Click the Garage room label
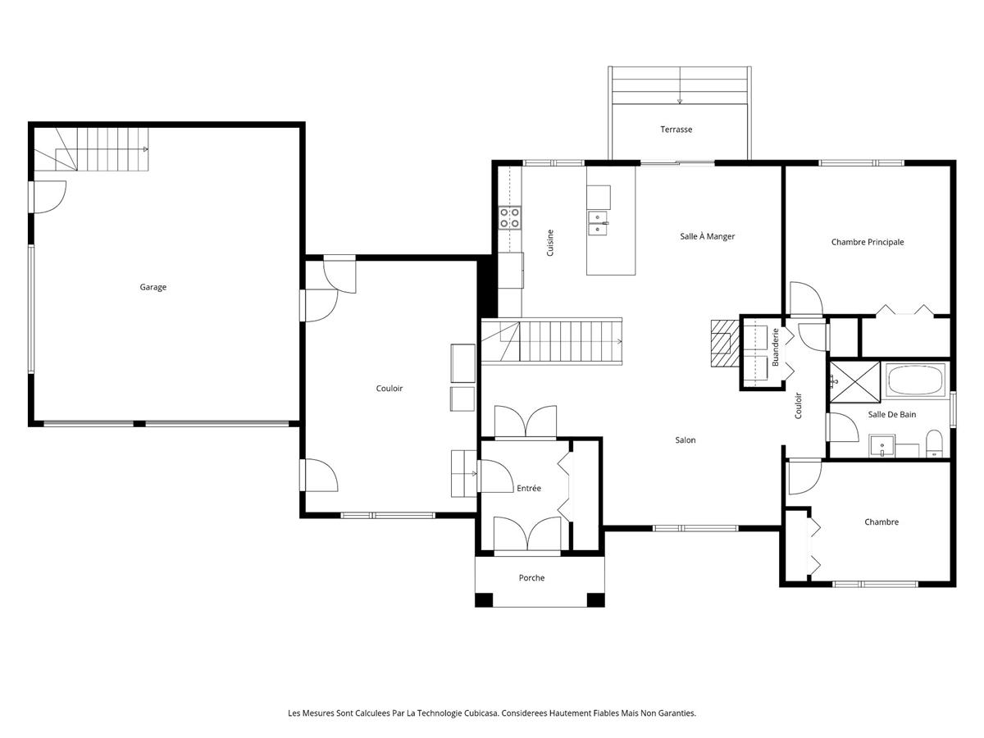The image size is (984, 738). tap(153, 287)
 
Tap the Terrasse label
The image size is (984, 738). tap(676, 130)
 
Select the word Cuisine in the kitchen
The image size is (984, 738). tap(550, 243)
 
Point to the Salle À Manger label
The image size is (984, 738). tap(707, 236)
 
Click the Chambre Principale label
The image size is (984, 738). tap(867, 242)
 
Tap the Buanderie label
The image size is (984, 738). tap(775, 347)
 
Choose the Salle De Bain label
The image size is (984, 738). tap(891, 414)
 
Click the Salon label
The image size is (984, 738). tap(685, 440)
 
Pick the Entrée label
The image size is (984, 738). tap(529, 488)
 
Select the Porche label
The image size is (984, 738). tap(531, 577)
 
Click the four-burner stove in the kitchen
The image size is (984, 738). tap(510, 218)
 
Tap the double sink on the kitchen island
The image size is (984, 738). tap(598, 223)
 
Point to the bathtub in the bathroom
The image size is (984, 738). tap(916, 380)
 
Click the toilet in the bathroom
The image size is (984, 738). tap(934, 444)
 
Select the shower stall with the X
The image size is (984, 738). tap(855, 381)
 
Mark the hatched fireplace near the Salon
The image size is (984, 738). tap(724, 344)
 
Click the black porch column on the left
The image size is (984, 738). tap(484, 599)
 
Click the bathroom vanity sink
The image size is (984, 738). tap(881, 446)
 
